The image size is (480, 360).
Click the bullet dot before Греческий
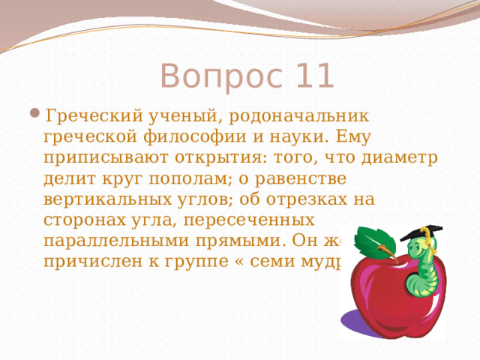pos(37,116)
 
